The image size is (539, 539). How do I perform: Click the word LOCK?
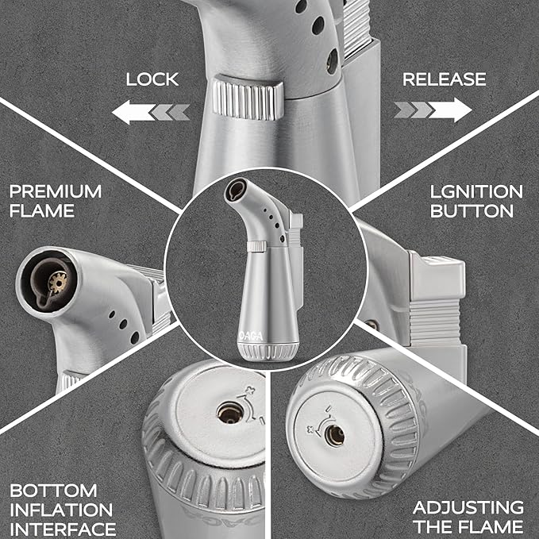click(x=152, y=79)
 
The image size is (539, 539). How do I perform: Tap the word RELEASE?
click(x=444, y=79)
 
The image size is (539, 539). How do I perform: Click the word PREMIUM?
click(x=56, y=191)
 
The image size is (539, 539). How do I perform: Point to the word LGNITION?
click(x=476, y=191)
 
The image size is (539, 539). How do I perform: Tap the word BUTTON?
click(x=472, y=210)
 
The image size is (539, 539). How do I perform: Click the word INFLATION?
click(x=61, y=510)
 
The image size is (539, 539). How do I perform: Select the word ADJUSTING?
click(x=468, y=508)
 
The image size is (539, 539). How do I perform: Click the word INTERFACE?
click(x=63, y=529)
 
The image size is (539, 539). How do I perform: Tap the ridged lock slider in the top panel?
click(x=248, y=98)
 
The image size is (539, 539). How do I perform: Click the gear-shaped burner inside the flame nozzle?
click(x=57, y=282)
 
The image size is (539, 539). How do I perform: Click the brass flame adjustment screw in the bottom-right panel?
click(x=335, y=435)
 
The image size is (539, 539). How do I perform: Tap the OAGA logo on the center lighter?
click(x=251, y=336)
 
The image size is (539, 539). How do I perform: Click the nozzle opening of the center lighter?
click(x=236, y=190)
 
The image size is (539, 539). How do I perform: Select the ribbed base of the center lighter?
click(x=268, y=352)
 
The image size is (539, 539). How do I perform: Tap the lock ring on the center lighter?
click(x=256, y=246)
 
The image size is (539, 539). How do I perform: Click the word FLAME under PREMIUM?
click(x=42, y=210)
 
